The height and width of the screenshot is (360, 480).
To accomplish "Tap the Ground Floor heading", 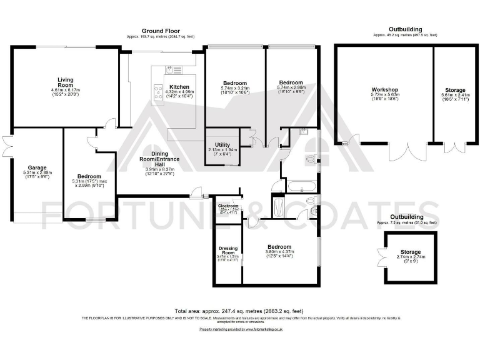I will click(x=161, y=31).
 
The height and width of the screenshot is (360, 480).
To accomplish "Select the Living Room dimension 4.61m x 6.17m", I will click(x=66, y=91).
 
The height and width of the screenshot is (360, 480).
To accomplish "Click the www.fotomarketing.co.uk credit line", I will click(x=241, y=329).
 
